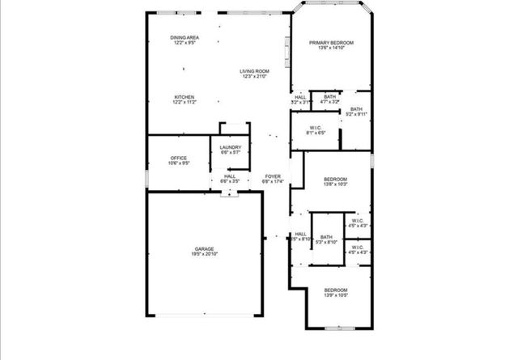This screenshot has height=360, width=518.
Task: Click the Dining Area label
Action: tap(185, 38)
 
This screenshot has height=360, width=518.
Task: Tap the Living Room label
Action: tap(254, 71)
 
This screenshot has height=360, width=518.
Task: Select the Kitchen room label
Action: tap(184, 97)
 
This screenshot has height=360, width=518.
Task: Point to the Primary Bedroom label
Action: tap(331, 42)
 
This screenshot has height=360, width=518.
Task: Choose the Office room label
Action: tap(179, 158)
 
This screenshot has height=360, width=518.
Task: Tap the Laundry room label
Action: tap(231, 147)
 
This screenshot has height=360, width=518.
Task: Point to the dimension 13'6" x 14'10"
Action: tap(331, 48)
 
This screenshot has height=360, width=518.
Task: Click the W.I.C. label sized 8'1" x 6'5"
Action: tap(316, 128)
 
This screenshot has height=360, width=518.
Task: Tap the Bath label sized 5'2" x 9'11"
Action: tap(356, 109)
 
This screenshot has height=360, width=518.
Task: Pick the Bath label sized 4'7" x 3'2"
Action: tap(329, 96)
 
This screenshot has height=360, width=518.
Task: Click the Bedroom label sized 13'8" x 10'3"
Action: tap(335, 179)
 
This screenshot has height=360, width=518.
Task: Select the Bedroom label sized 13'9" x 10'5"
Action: tap(336, 290)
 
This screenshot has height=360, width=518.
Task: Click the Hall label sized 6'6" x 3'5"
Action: tap(230, 176)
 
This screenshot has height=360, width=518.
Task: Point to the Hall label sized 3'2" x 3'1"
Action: tap(300, 97)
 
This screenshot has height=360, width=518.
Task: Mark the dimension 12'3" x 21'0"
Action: tap(254, 77)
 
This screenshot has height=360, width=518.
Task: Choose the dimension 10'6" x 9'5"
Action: tap(179, 163)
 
